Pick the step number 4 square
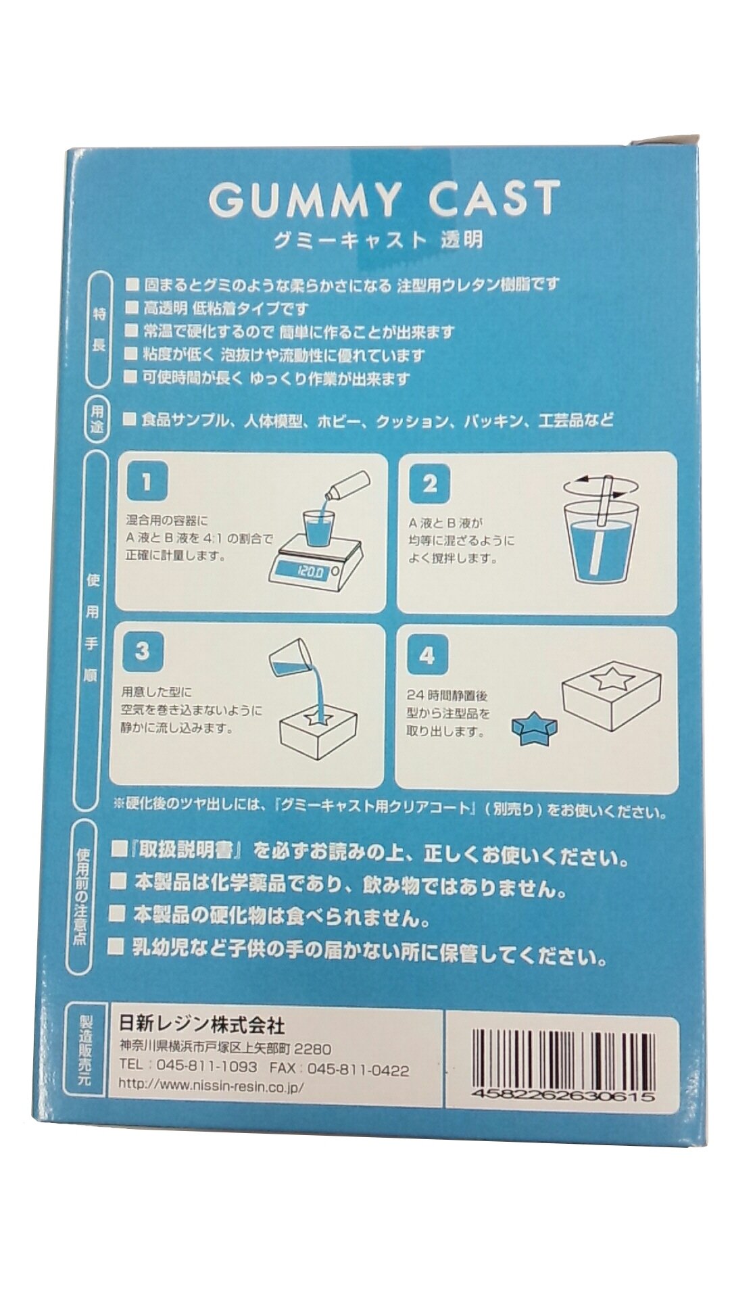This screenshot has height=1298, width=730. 427,655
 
